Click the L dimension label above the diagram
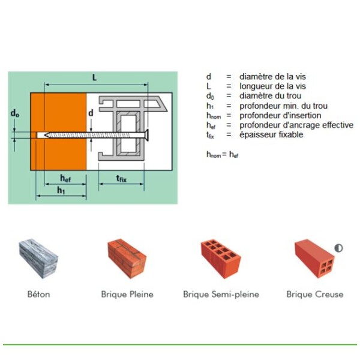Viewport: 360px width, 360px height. (x=94, y=78)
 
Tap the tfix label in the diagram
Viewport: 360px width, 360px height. (x=121, y=178)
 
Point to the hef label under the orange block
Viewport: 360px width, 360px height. (x=67, y=178)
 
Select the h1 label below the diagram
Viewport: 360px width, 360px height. (x=62, y=190)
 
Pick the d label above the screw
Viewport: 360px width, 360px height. (x=91, y=112)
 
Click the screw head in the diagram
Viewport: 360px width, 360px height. (x=146, y=134)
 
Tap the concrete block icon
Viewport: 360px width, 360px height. (x=39, y=260)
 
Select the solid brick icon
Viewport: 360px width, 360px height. (x=127, y=259)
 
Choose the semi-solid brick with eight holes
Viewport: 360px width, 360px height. (x=220, y=259)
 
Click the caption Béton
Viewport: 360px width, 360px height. (x=39, y=294)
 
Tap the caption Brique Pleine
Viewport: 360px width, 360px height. (x=127, y=294)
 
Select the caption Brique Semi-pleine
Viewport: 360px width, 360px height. (x=221, y=294)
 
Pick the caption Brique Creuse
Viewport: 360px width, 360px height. (x=315, y=294)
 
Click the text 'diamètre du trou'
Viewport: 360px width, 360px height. (x=270, y=96)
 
